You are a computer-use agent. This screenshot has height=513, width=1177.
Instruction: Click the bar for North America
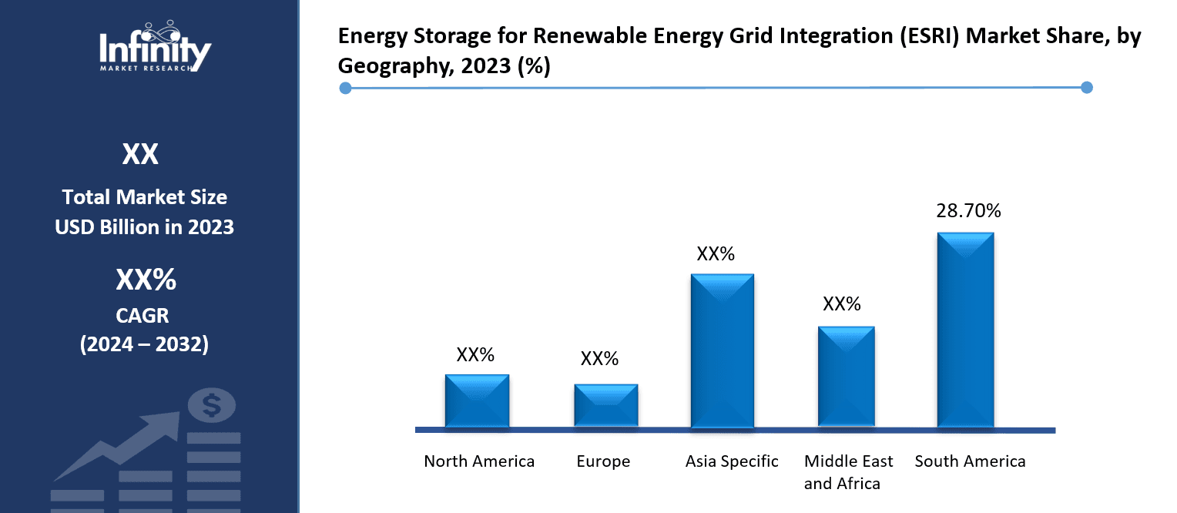tap(477, 401)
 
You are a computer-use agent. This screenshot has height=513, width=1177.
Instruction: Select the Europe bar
tap(605, 405)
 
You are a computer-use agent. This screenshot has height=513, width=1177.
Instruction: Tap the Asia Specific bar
tap(722, 351)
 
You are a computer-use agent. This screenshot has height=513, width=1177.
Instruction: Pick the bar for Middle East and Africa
tap(846, 377)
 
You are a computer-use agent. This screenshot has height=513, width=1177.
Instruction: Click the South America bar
tap(965, 330)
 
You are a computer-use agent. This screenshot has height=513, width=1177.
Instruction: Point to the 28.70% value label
tap(968, 211)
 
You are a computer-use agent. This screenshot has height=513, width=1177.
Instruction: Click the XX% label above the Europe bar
tap(599, 359)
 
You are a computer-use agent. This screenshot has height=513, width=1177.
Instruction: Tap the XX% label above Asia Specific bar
tap(716, 254)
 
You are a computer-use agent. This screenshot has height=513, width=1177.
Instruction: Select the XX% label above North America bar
tap(475, 355)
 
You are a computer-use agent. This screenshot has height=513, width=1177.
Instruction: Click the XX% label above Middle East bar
tap(841, 304)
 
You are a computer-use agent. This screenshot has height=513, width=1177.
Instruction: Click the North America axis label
tap(479, 461)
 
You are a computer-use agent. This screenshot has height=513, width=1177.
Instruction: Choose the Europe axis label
tap(603, 461)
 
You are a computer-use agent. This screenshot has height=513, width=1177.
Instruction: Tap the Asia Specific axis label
tap(732, 461)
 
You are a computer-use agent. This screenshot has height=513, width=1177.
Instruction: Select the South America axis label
tap(970, 461)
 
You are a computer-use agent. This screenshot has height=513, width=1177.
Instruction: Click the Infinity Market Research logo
tap(155, 48)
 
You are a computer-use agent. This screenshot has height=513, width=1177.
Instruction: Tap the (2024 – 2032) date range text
tap(144, 344)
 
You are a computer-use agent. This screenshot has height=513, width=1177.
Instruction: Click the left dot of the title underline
tap(346, 88)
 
